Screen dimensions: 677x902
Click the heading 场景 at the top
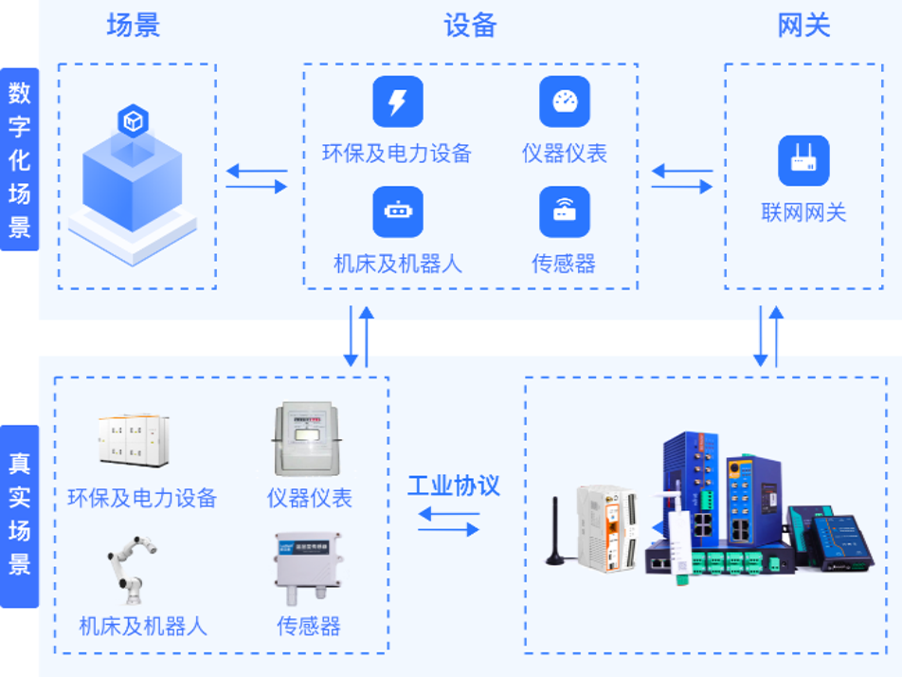click(x=134, y=25)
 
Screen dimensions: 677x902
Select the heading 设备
click(x=470, y=25)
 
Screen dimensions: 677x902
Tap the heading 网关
click(x=803, y=25)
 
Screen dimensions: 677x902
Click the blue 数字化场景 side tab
click(x=20, y=159)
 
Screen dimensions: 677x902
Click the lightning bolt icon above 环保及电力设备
click(x=397, y=101)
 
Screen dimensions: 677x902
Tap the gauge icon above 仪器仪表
click(x=565, y=101)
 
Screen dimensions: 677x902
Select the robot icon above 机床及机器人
click(x=397, y=211)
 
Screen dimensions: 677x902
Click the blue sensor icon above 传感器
click(x=565, y=211)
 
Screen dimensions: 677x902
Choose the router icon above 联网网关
click(x=803, y=160)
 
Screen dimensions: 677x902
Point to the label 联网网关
click(x=803, y=212)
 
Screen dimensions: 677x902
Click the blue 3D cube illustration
click(x=133, y=185)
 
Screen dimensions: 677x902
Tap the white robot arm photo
click(x=131, y=571)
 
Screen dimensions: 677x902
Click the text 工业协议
click(x=454, y=486)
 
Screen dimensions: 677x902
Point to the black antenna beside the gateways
click(x=558, y=531)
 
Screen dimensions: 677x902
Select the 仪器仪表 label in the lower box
click(x=309, y=498)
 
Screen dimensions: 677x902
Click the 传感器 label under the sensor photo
click(x=308, y=626)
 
